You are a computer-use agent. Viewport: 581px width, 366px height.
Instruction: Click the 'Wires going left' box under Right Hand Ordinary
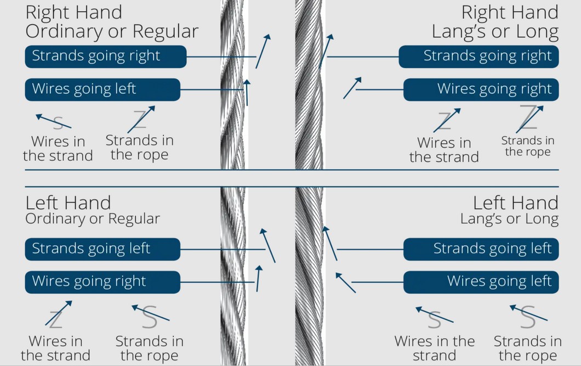pos(102,89)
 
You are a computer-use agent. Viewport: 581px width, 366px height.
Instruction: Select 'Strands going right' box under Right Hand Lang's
pos(479,57)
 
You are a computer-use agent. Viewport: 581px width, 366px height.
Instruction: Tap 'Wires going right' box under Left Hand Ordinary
pos(102,281)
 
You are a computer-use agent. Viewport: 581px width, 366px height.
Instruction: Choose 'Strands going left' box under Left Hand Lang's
pos(481,249)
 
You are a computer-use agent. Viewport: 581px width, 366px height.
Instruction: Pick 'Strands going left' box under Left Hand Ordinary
pos(102,249)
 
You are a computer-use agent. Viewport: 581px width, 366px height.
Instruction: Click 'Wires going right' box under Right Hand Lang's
pos(481,89)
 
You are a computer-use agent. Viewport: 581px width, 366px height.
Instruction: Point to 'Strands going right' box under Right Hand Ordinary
pos(106,57)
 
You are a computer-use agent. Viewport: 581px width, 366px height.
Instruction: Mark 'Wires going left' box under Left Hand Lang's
pos(481,281)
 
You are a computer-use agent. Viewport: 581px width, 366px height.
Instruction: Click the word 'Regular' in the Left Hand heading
pos(134,219)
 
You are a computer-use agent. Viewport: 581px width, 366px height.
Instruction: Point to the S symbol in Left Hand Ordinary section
pos(149,318)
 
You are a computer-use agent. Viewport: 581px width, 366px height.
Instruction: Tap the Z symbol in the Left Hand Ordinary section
pos(55,318)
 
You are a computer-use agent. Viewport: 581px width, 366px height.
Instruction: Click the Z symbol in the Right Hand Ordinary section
pos(140,119)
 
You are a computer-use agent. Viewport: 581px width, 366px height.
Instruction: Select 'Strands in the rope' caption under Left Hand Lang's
pos(527,348)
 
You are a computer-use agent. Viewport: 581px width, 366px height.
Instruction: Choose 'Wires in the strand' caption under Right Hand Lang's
pos(444,150)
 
